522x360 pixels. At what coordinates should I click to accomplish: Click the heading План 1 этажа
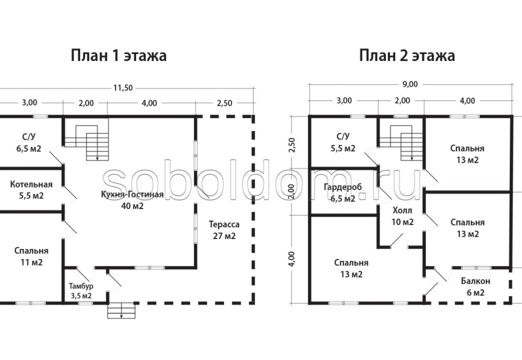(119, 56)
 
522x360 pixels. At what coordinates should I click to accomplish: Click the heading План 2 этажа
(407, 56)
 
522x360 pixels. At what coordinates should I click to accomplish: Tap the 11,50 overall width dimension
(123, 88)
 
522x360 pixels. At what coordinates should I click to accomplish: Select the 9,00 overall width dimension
(410, 84)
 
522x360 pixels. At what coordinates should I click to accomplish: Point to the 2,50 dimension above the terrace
(224, 103)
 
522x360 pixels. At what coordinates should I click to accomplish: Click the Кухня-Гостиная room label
(132, 194)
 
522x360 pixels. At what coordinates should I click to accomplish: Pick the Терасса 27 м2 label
(224, 230)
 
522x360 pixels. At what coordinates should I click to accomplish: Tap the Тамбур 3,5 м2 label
(81, 291)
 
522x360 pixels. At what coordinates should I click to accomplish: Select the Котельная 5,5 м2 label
(31, 190)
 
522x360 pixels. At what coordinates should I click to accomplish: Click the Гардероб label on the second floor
(343, 187)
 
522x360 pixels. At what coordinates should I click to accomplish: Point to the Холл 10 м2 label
(402, 216)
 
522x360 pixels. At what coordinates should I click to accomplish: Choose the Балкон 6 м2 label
(475, 287)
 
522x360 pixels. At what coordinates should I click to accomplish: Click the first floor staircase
(87, 143)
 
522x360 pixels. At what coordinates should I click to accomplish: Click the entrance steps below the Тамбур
(121, 311)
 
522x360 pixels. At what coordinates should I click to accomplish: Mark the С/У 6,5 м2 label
(29, 142)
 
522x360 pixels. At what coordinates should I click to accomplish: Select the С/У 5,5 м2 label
(343, 142)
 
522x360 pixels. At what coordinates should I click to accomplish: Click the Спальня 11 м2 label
(31, 256)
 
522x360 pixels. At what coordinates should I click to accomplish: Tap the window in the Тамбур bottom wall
(85, 303)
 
